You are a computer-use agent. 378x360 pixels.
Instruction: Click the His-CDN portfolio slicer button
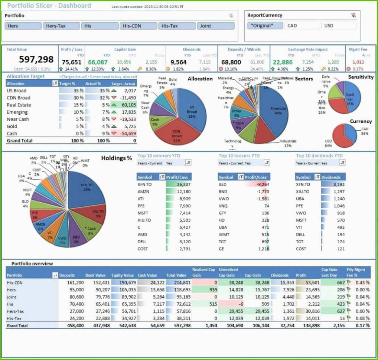click(x=139, y=26)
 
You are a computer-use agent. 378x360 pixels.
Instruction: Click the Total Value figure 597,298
click(x=36, y=59)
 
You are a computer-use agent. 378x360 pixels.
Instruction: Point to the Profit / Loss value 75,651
click(x=71, y=62)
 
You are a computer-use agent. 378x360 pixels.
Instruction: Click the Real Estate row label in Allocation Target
click(x=19, y=105)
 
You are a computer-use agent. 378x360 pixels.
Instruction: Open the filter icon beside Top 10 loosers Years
click(x=267, y=163)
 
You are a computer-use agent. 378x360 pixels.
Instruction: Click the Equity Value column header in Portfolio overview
click(x=123, y=275)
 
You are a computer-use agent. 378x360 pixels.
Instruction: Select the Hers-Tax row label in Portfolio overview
click(x=16, y=311)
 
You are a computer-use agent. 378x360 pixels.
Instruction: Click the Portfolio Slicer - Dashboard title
click(x=49, y=6)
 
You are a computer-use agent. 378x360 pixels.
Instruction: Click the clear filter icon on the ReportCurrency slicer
click(x=353, y=15)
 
